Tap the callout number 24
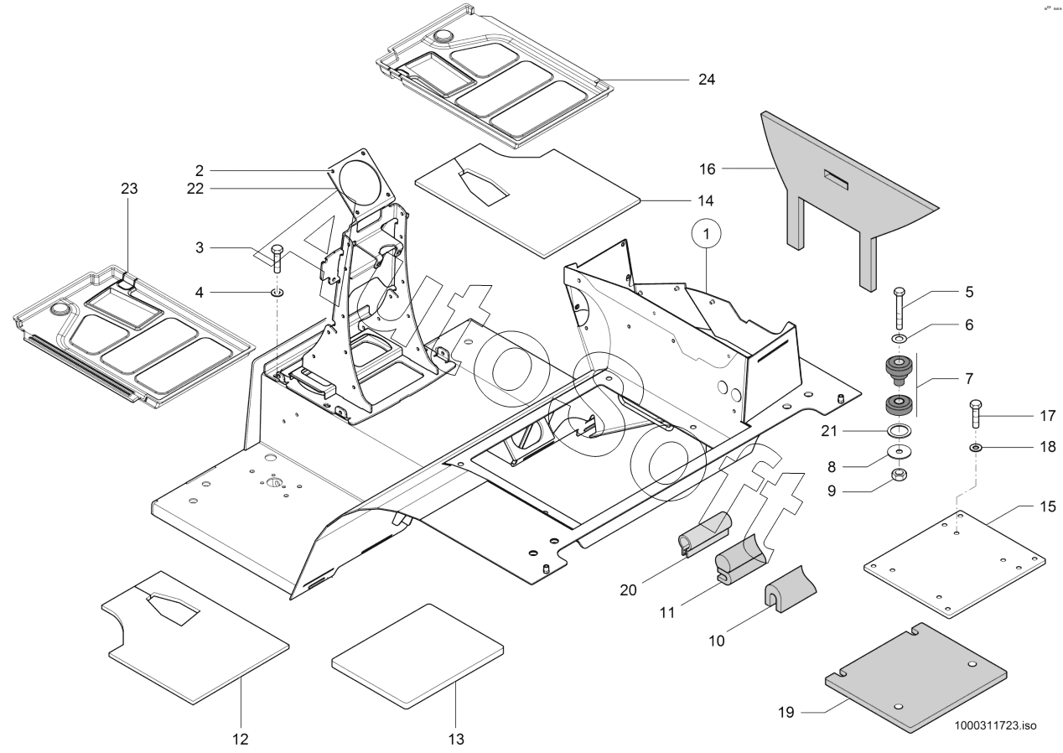(x=707, y=80)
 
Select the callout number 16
(x=708, y=169)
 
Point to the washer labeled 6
(x=899, y=338)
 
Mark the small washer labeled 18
(x=977, y=449)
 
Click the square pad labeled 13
(x=417, y=655)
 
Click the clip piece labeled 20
(x=703, y=538)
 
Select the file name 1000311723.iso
(x=994, y=725)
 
